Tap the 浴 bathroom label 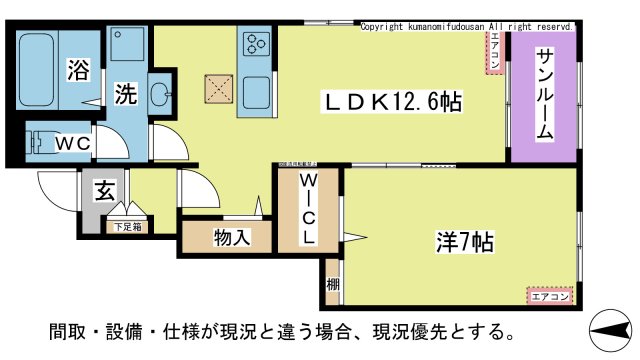coord(77,70)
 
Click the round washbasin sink coord(159,96)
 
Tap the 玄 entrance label coord(102,190)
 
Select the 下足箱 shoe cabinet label coord(127,227)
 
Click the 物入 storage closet coord(231,238)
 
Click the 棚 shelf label coord(332,285)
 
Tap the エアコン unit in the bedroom coord(549,296)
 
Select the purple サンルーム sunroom coord(544,96)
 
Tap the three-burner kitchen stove coord(257,43)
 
